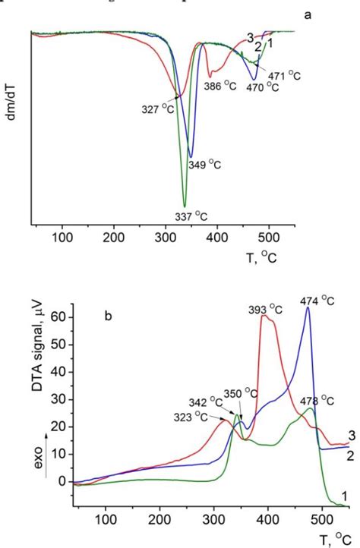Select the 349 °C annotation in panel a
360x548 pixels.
(204, 165)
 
